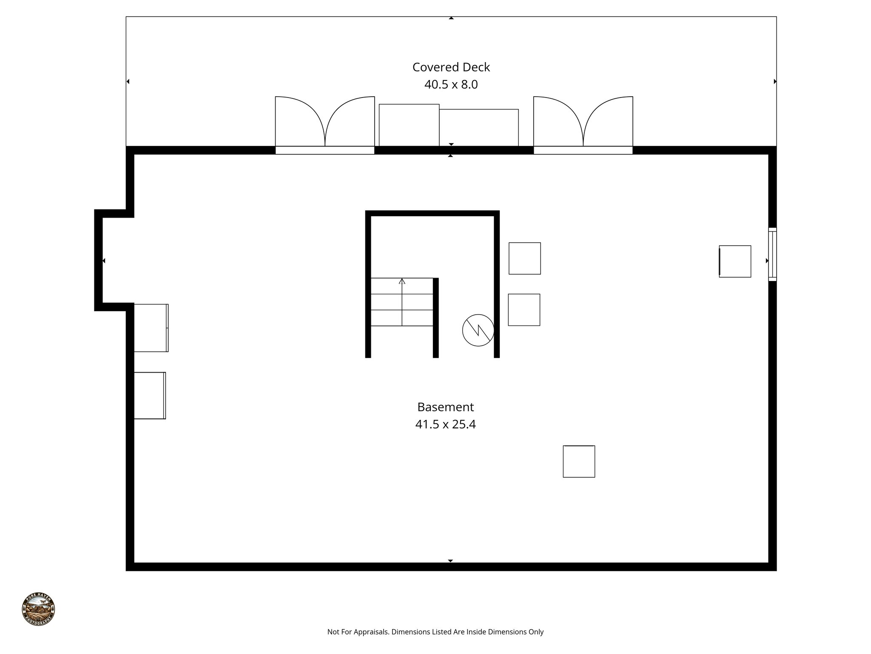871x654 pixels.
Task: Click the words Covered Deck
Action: (451, 67)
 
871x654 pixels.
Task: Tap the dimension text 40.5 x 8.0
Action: (451, 85)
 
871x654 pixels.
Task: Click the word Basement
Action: (445, 407)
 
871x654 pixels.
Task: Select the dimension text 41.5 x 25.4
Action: (445, 425)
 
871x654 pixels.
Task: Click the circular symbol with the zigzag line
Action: (478, 330)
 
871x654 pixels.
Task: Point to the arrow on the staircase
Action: (402, 281)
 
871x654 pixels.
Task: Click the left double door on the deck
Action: (324, 123)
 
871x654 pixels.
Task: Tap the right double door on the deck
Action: (583, 123)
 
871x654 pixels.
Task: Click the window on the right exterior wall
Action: (772, 255)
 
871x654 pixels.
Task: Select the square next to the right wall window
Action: (735, 261)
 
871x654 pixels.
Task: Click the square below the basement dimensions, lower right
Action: (579, 462)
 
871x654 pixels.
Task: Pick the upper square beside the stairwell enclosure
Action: (524, 258)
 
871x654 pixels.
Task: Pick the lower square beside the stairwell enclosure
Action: (524, 310)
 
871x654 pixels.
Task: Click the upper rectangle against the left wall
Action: (151, 328)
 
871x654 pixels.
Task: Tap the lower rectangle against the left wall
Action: (150, 396)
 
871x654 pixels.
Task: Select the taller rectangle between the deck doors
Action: (409, 125)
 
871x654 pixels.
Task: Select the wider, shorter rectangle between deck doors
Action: (478, 128)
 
